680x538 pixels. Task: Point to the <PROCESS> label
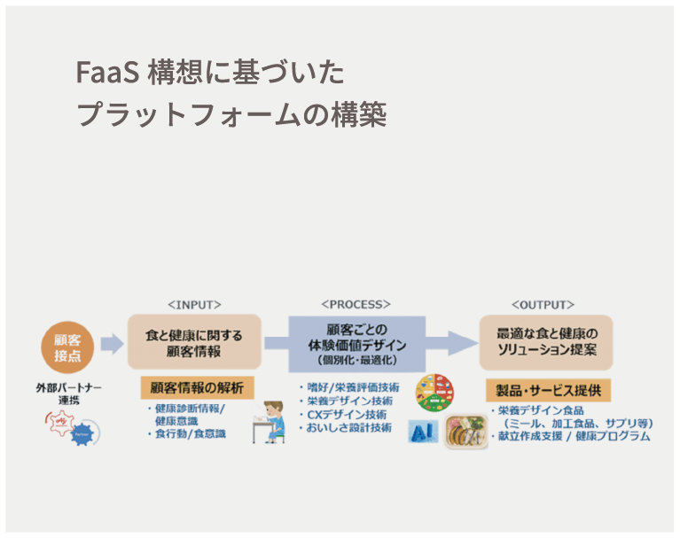pyautogui.click(x=356, y=304)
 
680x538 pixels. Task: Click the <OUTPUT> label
pyautogui.click(x=543, y=304)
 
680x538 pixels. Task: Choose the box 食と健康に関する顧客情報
pyautogui.click(x=194, y=342)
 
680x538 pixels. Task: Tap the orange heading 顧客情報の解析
pyautogui.click(x=196, y=387)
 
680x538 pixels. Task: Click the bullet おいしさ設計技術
pyautogui.click(x=349, y=428)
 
